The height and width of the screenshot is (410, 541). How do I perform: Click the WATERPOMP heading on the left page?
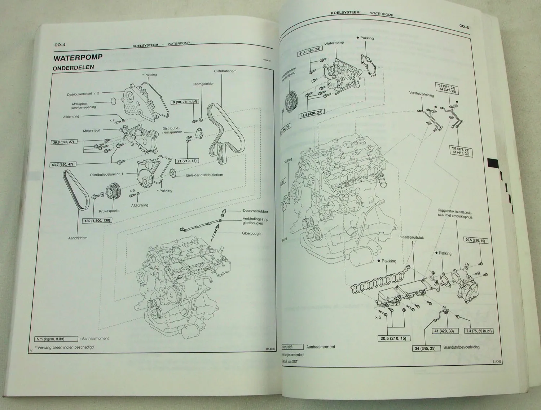click(78, 57)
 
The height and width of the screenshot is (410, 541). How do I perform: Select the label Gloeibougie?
click(251, 234)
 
